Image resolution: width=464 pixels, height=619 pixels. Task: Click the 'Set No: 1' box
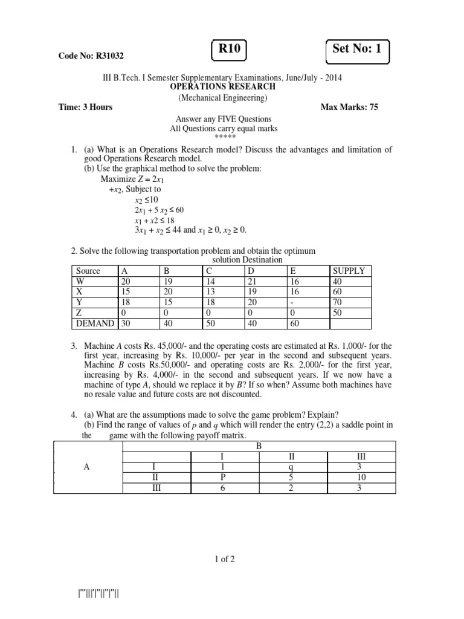[x=357, y=50]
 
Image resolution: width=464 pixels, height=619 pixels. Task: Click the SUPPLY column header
[x=349, y=271]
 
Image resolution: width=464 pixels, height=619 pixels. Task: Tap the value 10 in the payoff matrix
[x=362, y=476]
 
